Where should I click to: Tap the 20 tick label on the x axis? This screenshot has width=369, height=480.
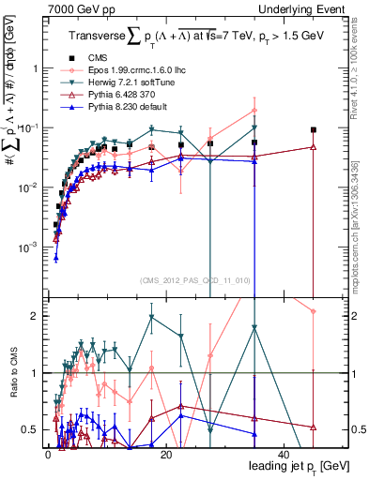point(165,454)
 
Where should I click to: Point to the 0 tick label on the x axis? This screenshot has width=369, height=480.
point(47,454)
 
